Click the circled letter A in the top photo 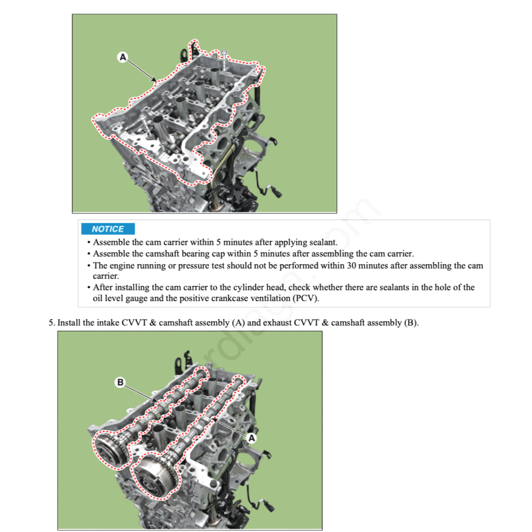click(x=123, y=57)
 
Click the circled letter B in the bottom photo click(x=121, y=383)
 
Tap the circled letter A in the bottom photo click(x=251, y=437)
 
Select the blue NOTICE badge click(x=108, y=229)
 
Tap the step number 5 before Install click(x=51, y=323)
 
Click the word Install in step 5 click(x=69, y=323)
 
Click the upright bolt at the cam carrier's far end click(x=224, y=55)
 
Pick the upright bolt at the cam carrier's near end click(x=143, y=121)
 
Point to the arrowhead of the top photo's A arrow click(x=156, y=81)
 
